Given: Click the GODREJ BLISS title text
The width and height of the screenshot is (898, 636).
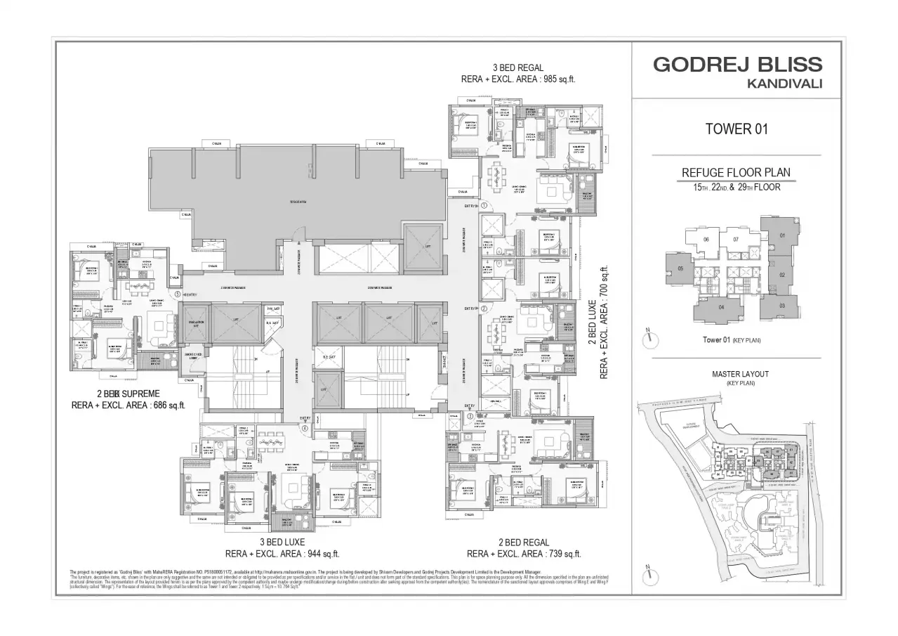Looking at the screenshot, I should [x=737, y=65].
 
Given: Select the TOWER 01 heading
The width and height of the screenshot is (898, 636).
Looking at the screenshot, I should [x=737, y=129].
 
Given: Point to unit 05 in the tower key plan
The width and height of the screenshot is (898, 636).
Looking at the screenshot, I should [x=680, y=268].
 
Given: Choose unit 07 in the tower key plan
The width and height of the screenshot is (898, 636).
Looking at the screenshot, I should [x=735, y=240].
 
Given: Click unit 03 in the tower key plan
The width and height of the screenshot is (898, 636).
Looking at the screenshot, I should [x=782, y=305].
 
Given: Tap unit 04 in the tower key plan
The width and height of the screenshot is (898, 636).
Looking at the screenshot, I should [x=721, y=306].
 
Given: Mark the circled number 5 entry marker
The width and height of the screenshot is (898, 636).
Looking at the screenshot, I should [x=178, y=294].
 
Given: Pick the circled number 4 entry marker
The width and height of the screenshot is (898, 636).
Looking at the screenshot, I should [x=305, y=427].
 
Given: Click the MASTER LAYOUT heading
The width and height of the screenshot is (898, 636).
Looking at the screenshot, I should [x=740, y=375].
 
